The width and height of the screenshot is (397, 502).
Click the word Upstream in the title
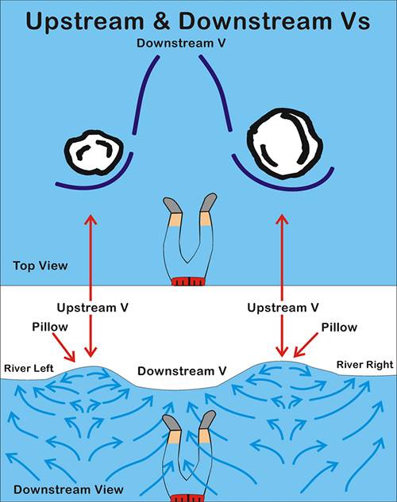click(x=85, y=21)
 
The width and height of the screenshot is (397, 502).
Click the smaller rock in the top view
click(x=94, y=152)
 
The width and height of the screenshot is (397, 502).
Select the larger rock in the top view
click(x=284, y=143)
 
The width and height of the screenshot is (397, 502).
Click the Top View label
click(x=40, y=266)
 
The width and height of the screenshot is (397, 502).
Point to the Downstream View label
click(x=68, y=489)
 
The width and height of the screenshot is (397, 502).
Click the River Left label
click(x=29, y=368)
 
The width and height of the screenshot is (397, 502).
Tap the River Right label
click(x=364, y=365)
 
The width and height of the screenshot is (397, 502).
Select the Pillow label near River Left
click(x=50, y=327)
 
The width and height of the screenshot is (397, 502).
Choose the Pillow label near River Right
click(x=339, y=328)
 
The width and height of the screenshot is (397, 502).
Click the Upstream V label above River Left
click(x=93, y=308)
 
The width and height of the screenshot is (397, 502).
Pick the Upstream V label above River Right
click(x=283, y=308)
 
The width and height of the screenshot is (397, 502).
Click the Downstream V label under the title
click(x=181, y=43)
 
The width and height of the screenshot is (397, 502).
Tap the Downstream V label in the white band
click(x=182, y=371)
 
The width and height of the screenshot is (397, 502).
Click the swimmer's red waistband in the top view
click(x=188, y=282)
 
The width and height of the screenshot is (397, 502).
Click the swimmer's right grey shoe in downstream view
click(x=208, y=420)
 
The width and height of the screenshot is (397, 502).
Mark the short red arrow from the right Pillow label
click(x=306, y=345)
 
